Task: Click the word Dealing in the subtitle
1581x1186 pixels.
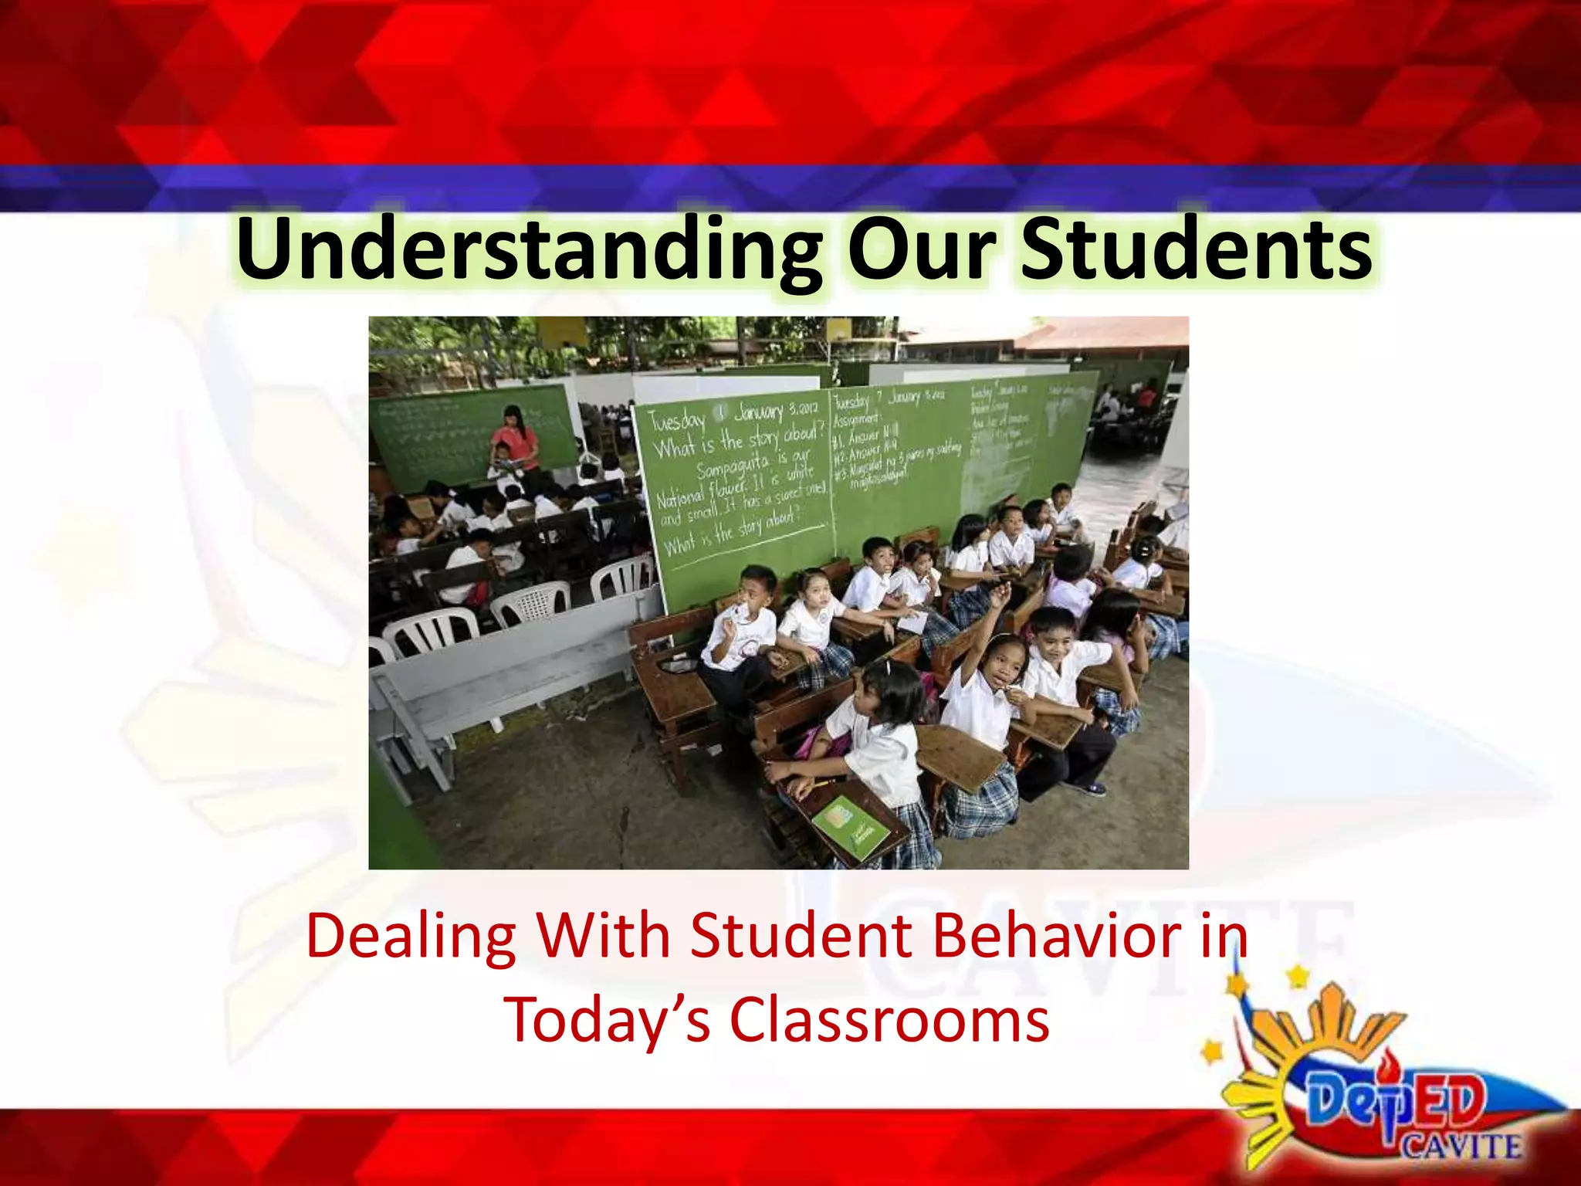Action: pos(411,936)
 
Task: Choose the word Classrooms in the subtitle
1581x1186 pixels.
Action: pos(889,1019)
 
